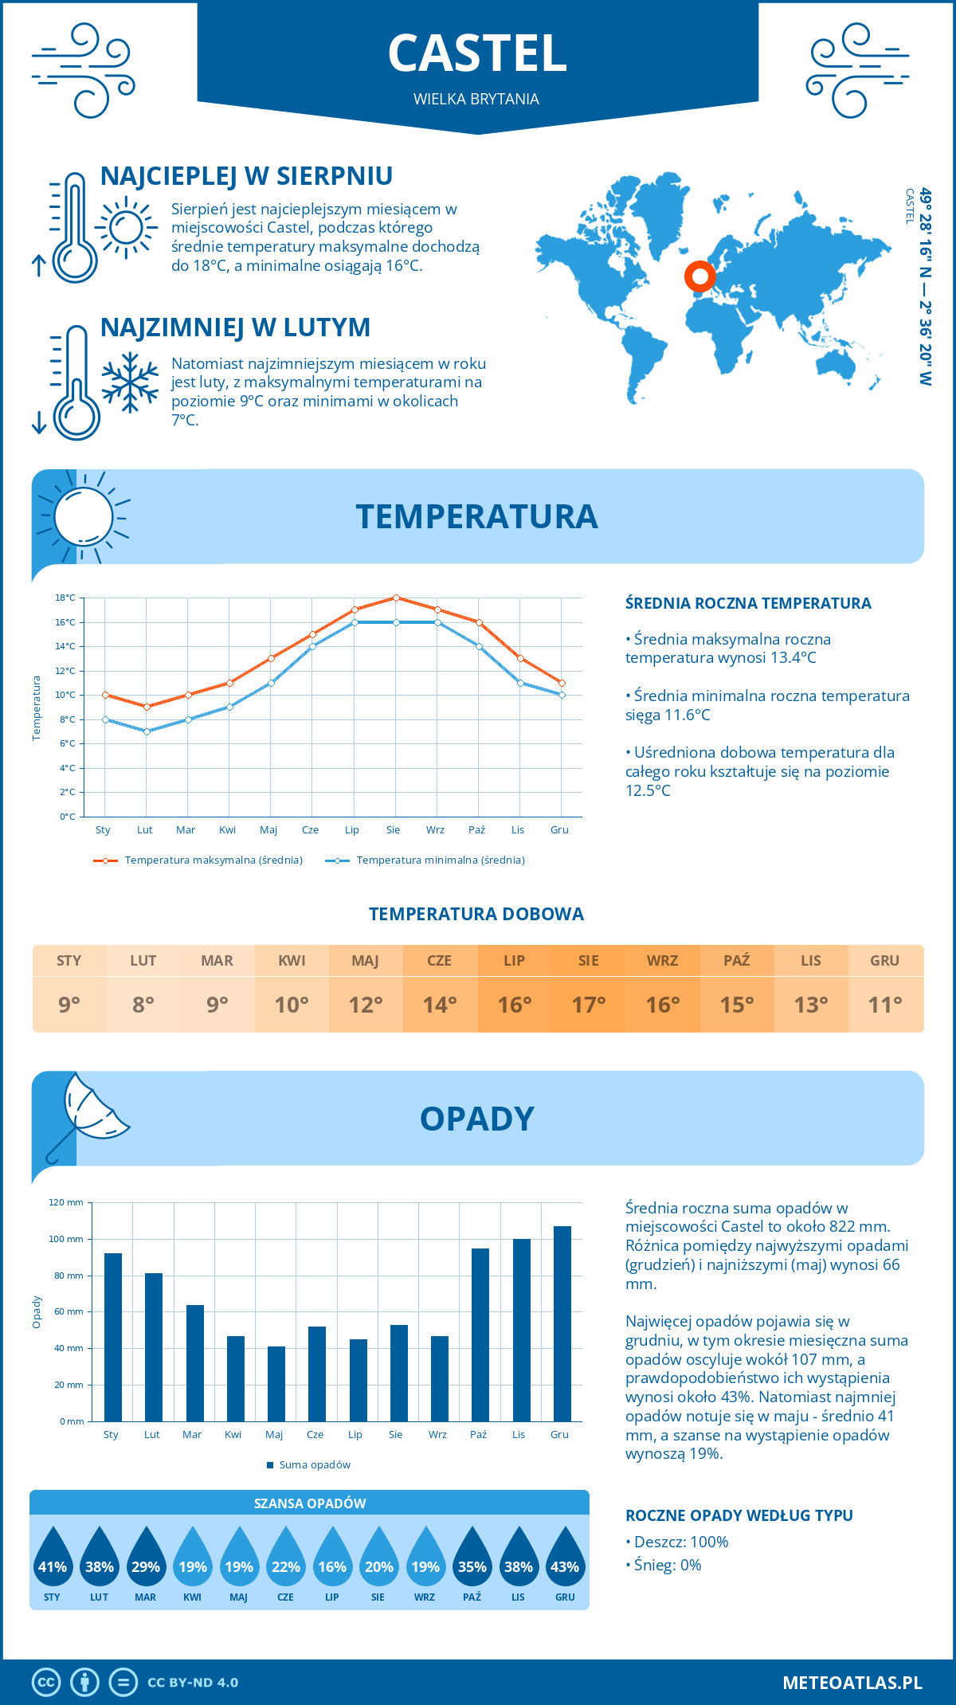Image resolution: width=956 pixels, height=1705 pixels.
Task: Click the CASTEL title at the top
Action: click(x=477, y=53)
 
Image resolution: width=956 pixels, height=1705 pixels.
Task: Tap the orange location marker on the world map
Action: click(x=700, y=276)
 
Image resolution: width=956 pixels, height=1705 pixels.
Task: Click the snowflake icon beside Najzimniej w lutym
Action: click(x=130, y=382)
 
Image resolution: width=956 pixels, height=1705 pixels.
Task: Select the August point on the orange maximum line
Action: click(x=396, y=598)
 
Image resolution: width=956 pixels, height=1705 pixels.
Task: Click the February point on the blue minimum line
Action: click(x=147, y=731)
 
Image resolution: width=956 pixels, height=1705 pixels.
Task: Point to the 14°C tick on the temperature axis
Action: click(x=65, y=646)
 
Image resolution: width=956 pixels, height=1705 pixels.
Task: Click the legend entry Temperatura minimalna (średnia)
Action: click(x=440, y=860)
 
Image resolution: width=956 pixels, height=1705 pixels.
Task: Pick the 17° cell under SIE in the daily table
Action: click(x=588, y=1005)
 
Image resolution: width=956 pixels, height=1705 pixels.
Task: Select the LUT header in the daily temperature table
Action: click(x=143, y=961)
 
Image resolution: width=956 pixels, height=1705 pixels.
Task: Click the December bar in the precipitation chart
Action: click(x=562, y=1323)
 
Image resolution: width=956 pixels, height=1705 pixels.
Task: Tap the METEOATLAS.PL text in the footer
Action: click(x=852, y=1683)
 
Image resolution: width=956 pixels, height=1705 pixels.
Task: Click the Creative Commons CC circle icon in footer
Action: click(x=46, y=1683)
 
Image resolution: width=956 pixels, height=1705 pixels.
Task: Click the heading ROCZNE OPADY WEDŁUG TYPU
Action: click(x=739, y=1515)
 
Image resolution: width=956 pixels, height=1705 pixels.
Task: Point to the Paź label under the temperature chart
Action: click(x=476, y=830)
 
